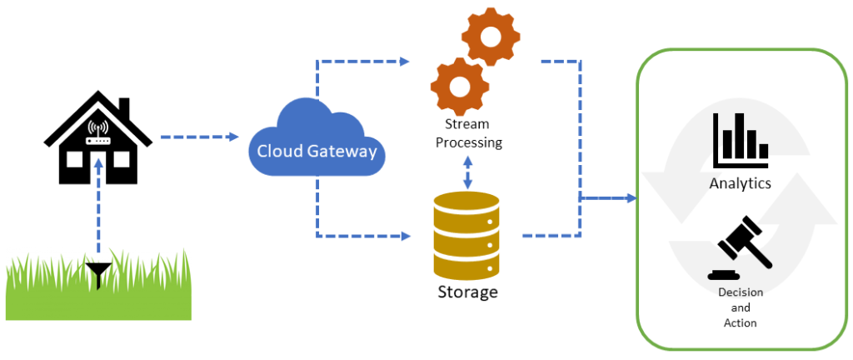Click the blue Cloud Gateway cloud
coord(316,137)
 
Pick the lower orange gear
coord(459,85)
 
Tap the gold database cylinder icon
coord(466,236)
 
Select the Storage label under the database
coord(468,292)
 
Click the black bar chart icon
coord(741,140)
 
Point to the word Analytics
coord(740,183)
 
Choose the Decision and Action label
coord(741,307)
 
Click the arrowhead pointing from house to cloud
coord(234,137)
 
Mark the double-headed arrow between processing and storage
coord(466,172)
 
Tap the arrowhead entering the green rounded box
coord(631,198)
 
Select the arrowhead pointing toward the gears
coord(404,62)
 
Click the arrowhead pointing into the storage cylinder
coord(405,236)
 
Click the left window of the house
coord(74,159)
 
